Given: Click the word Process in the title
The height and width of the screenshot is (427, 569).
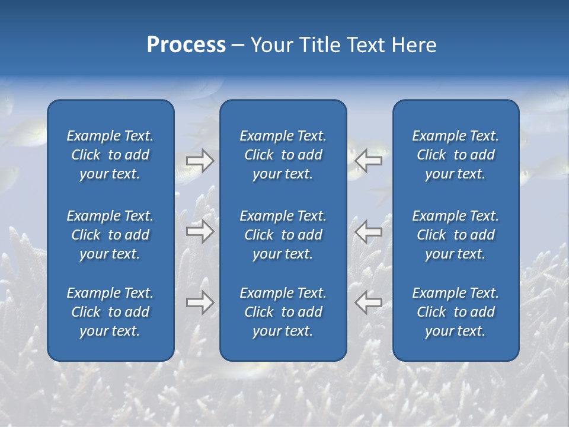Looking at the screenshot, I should click(186, 45).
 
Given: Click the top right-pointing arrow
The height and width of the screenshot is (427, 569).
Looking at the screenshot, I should click(200, 161).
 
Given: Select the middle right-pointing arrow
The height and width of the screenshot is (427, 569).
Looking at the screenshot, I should click(200, 231).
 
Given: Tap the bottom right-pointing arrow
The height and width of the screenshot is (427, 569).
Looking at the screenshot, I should click(200, 302).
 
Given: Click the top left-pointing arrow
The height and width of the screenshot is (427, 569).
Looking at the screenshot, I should click(369, 160).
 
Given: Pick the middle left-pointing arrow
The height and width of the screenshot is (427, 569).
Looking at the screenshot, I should click(369, 231).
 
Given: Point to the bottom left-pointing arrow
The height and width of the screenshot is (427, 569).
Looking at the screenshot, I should click(369, 302).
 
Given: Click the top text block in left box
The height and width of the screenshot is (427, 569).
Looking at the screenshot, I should click(110, 155).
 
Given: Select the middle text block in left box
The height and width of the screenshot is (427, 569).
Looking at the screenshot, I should click(110, 235).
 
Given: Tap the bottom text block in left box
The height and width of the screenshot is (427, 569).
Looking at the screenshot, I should click(110, 312).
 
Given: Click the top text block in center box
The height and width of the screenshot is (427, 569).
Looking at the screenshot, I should click(283, 155).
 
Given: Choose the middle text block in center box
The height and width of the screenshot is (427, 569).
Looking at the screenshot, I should click(283, 235).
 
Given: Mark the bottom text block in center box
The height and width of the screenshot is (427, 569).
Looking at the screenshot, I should click(283, 312).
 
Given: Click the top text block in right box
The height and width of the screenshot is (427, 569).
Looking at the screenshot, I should click(456, 155).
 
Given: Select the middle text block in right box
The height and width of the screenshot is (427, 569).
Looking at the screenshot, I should click(456, 235).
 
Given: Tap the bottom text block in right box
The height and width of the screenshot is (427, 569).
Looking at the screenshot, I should click(456, 312).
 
